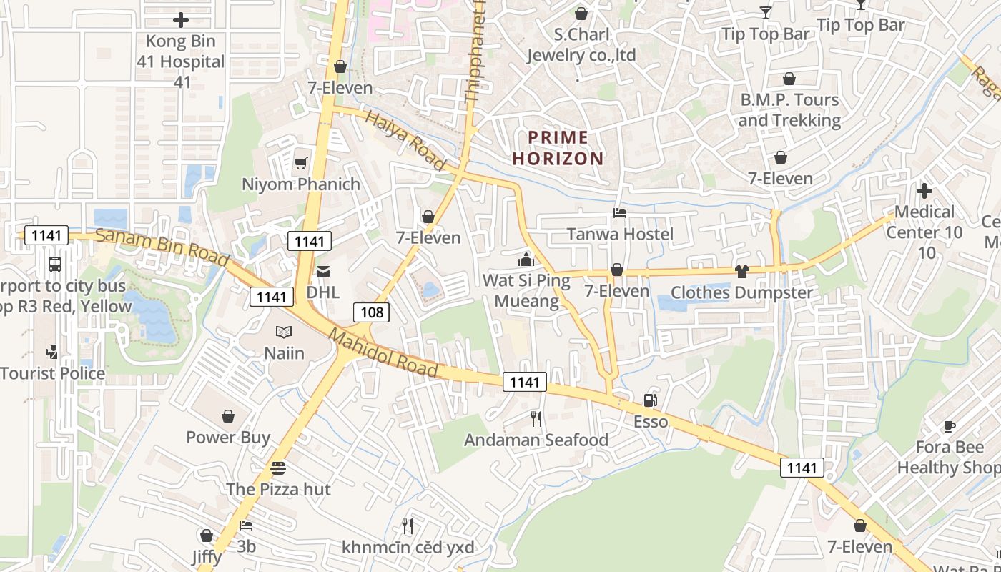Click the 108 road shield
coord(372,312)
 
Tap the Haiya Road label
coord(405,140)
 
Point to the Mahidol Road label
coord(383,352)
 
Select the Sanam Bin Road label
coord(162,247)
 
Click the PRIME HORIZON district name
coord(558,148)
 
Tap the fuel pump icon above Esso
coord(650,400)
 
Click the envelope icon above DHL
coord(323,271)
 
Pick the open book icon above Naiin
coord(284,332)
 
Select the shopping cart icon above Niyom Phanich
coord(300,163)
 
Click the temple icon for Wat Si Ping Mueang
coord(526,259)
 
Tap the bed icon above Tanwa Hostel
coord(620,213)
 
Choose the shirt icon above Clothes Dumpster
coord(741,271)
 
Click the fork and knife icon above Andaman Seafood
coord(536,418)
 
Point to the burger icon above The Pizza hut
coord(278,468)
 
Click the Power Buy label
coord(228,437)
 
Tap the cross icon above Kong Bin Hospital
coord(181,20)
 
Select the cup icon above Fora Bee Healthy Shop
coord(949,426)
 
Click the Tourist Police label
coord(53,373)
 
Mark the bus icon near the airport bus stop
coord(55,265)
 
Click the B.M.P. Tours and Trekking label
coord(789,109)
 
